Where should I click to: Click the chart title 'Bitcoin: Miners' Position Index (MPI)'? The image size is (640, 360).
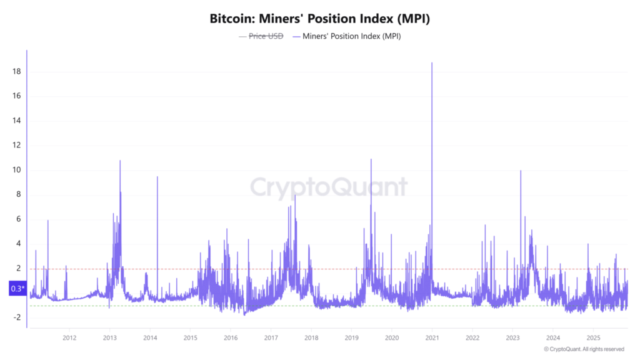click(x=319, y=19)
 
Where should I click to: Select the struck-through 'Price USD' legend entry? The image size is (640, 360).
click(x=266, y=36)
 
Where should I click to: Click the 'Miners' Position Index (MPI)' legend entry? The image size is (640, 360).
click(x=351, y=36)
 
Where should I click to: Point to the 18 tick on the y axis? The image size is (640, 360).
click(x=17, y=72)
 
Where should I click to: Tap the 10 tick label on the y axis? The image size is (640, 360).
click(x=17, y=170)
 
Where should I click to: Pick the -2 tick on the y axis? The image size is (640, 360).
click(x=17, y=317)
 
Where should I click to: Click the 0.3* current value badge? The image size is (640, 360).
click(x=17, y=289)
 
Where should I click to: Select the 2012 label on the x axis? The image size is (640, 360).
click(x=69, y=338)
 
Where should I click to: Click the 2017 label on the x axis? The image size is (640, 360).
click(x=271, y=338)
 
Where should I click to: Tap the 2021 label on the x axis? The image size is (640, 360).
click(x=432, y=338)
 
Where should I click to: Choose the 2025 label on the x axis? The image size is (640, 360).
click(x=593, y=338)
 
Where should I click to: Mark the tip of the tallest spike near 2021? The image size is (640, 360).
click(x=432, y=62)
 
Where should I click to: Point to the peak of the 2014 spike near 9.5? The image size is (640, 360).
click(x=157, y=177)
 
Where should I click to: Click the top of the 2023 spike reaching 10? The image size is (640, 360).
click(x=520, y=171)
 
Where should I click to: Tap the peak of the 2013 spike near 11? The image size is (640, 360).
click(x=120, y=161)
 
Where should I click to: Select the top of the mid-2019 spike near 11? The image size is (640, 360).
click(x=371, y=159)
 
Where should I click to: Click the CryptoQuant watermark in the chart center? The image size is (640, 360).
click(x=329, y=187)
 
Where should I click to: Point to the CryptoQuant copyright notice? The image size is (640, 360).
click(x=584, y=349)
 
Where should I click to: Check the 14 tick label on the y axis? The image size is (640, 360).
click(x=17, y=121)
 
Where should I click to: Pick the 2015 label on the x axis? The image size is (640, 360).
click(x=190, y=338)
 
